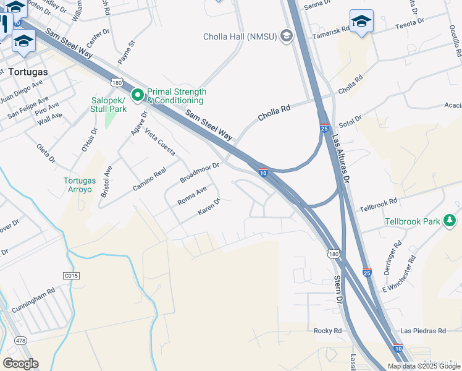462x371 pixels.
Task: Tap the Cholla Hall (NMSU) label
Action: pos(241,36)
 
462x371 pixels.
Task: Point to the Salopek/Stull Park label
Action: pos(109,104)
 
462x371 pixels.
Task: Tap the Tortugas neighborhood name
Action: pos(29,71)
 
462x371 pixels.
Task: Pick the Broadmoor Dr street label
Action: pos(199,173)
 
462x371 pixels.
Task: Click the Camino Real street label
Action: pos(150,179)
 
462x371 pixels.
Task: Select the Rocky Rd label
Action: pos(327,331)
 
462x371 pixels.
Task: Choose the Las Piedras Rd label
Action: pos(423,331)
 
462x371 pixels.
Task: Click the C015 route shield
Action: pos(72,276)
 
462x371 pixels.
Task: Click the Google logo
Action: pos(21,363)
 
